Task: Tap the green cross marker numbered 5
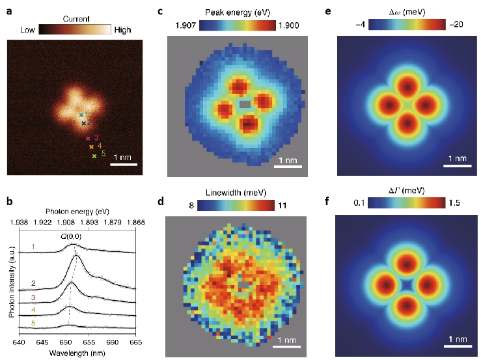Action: (x=94, y=157)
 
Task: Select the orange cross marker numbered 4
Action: (x=91, y=147)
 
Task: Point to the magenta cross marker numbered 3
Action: (x=88, y=138)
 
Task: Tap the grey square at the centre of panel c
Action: (x=244, y=104)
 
